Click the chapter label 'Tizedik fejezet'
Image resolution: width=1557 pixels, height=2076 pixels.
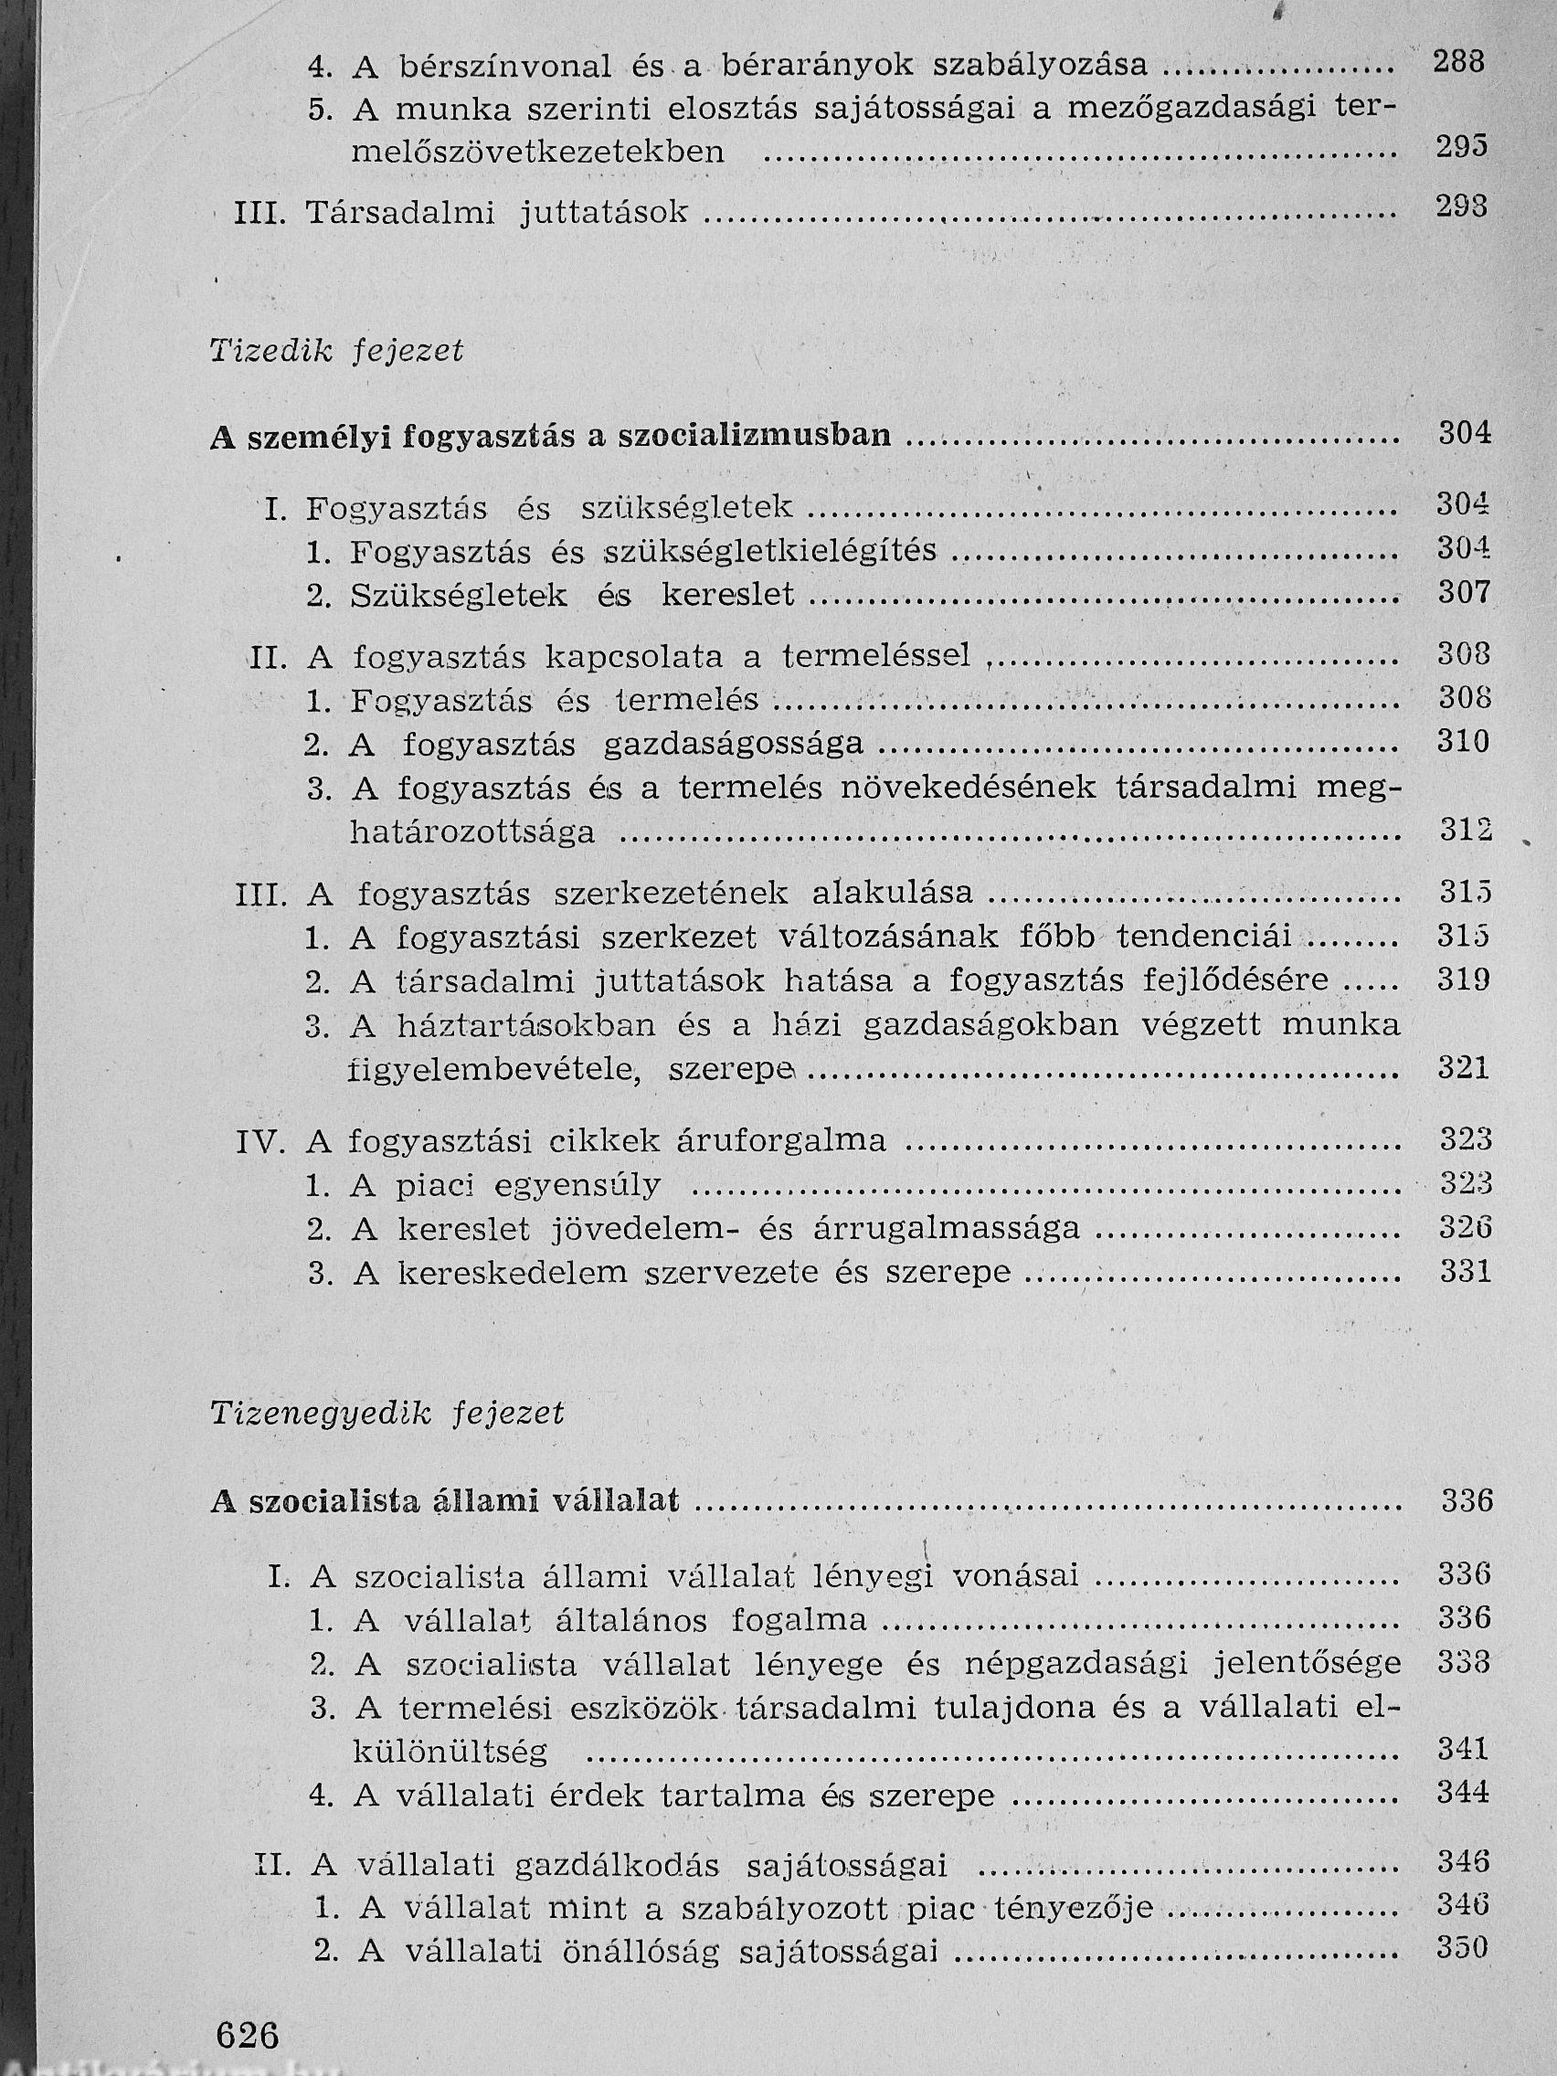click(x=337, y=352)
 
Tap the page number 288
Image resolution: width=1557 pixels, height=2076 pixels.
click(x=1460, y=63)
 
